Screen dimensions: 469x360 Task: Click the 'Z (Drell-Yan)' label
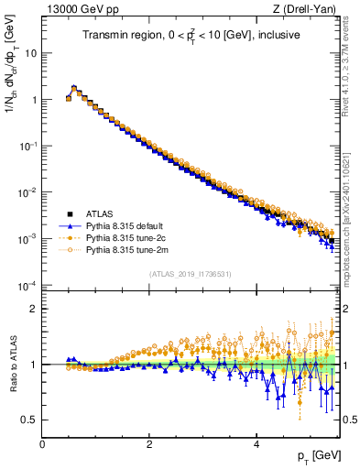coord(307,9)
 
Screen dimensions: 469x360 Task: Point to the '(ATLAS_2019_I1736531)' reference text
coord(191,273)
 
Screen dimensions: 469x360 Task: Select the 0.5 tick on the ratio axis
coord(30,420)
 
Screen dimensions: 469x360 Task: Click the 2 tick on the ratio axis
coord(34,309)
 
